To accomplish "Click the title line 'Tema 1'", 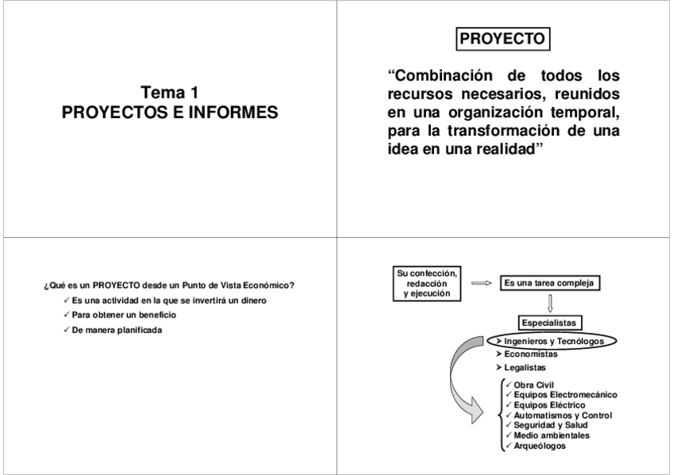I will [x=170, y=94].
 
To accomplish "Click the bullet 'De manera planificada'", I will [x=115, y=330].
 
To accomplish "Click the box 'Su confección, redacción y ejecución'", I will [x=427, y=283].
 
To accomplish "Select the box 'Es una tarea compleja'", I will [x=549, y=282].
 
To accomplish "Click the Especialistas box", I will [x=548, y=322].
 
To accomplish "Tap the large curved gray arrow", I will [x=467, y=389].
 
